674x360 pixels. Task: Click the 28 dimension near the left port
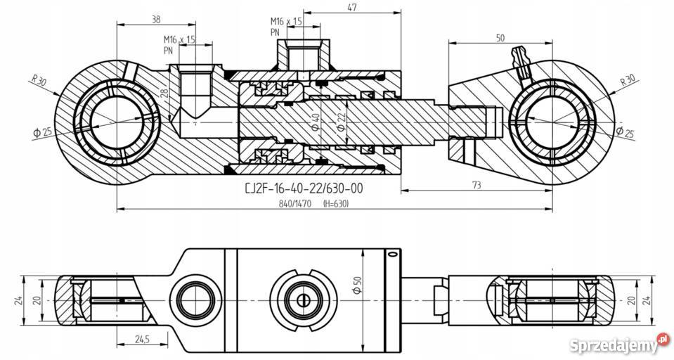pos(163,94)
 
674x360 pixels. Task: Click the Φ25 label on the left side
pos(43,131)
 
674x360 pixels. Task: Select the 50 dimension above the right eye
pos(500,39)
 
